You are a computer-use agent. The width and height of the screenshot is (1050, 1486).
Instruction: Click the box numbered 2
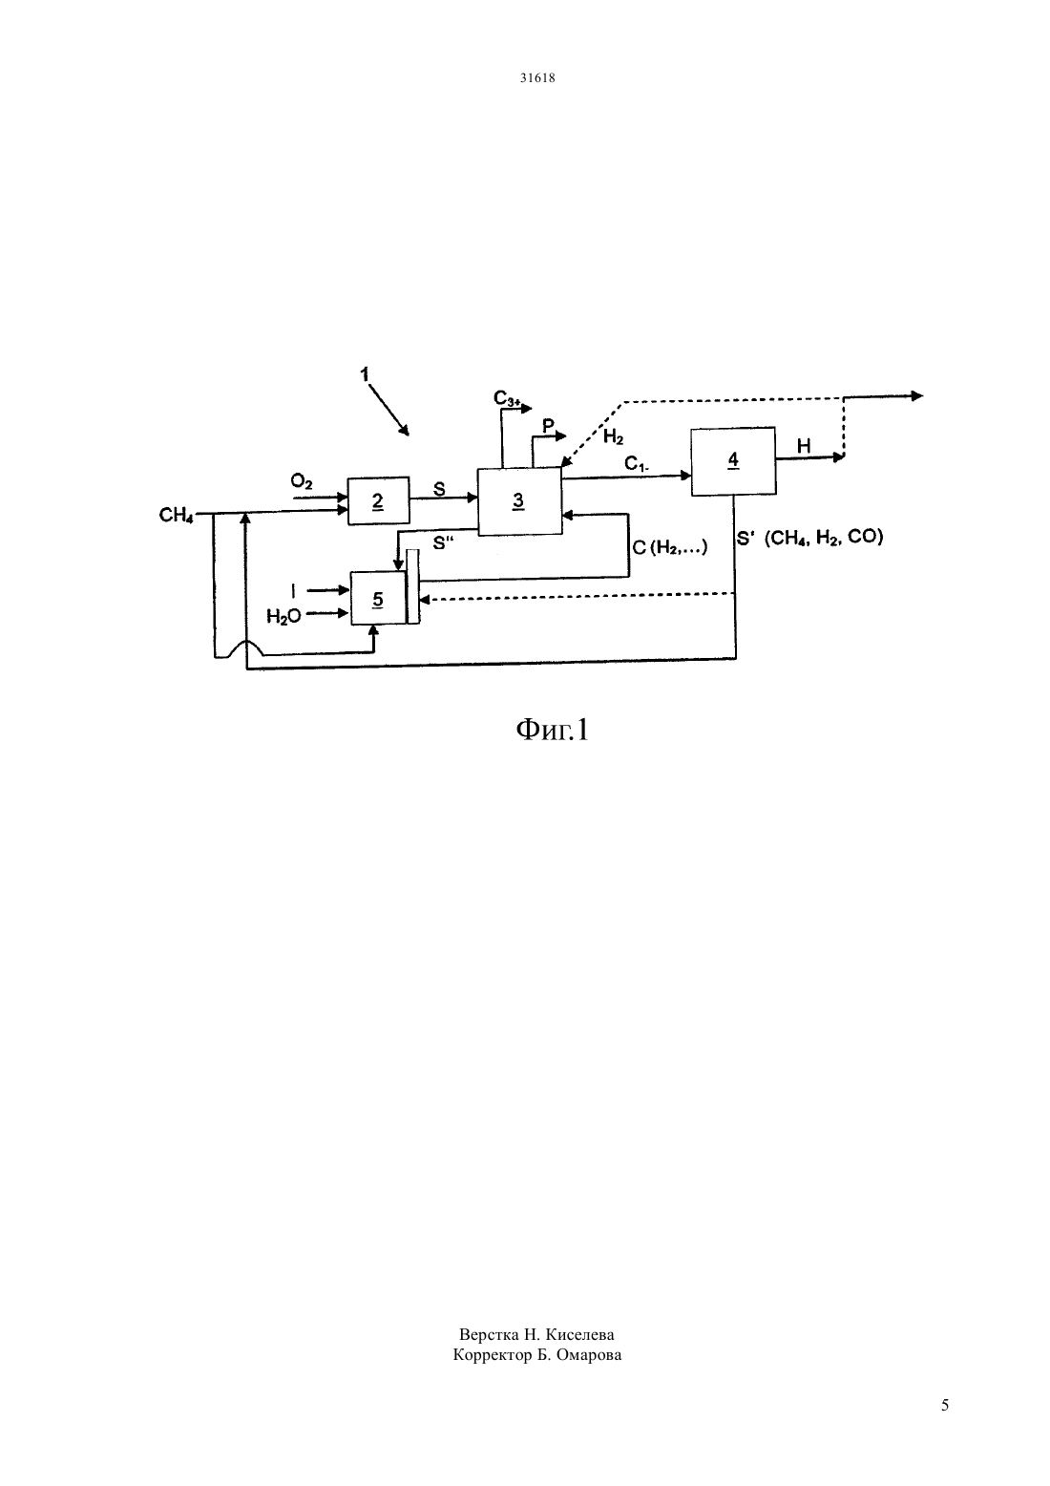point(379,500)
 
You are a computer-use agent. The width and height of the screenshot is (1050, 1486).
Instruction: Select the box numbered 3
point(519,500)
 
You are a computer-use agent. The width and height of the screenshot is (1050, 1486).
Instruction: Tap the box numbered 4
point(733,461)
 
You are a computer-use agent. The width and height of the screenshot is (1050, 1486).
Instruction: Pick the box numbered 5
point(378,598)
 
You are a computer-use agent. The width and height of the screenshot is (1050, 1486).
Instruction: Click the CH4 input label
point(177,515)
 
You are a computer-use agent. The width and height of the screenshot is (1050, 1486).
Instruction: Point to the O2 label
point(302,481)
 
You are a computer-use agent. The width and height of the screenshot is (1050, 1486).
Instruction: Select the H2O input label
point(283,616)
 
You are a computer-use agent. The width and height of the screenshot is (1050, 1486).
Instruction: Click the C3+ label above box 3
point(508,398)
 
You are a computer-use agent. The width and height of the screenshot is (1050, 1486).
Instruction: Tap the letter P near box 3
point(548,426)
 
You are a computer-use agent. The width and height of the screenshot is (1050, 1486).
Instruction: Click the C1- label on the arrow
point(637,464)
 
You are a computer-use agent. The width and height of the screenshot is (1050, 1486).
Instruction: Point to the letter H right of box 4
point(804,446)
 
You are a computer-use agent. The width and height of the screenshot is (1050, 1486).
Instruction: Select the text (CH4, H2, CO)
point(824,537)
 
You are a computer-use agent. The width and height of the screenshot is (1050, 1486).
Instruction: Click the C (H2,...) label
point(670,547)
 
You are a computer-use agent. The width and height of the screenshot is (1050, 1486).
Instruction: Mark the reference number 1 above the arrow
point(364,374)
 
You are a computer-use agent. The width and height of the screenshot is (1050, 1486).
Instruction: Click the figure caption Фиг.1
point(552,730)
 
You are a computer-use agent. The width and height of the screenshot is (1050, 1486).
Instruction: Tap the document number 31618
point(537,77)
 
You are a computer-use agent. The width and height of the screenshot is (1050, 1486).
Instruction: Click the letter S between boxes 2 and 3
point(439,490)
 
